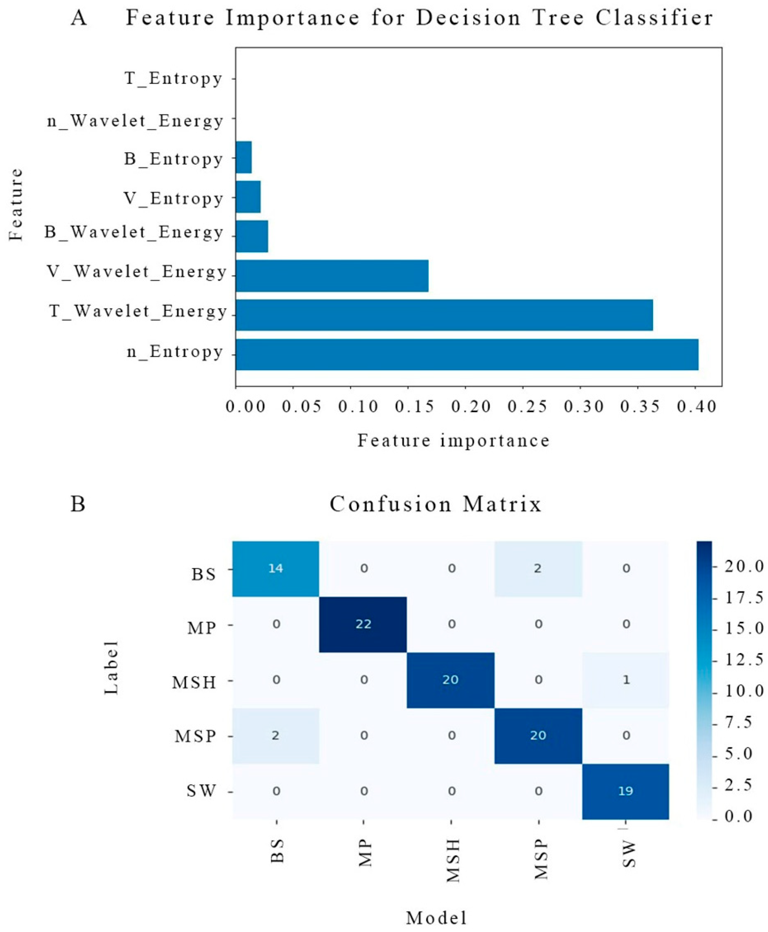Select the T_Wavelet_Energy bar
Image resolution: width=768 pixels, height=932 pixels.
click(444, 315)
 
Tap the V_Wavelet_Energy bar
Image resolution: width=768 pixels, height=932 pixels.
click(332, 276)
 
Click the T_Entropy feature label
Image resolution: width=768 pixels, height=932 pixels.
click(174, 79)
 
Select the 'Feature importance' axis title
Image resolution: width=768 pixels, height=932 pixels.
click(453, 441)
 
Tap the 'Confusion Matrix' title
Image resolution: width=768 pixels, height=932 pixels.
click(436, 504)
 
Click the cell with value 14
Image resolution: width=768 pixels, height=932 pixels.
click(276, 568)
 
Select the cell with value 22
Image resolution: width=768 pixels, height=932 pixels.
click(363, 624)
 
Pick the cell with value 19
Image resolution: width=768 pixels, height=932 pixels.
click(626, 791)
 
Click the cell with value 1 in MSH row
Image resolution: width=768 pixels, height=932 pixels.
click(626, 680)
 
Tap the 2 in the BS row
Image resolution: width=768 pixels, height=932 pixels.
click(538, 568)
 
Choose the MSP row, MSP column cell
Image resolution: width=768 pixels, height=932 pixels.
click(538, 735)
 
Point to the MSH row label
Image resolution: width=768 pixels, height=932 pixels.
click(195, 682)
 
